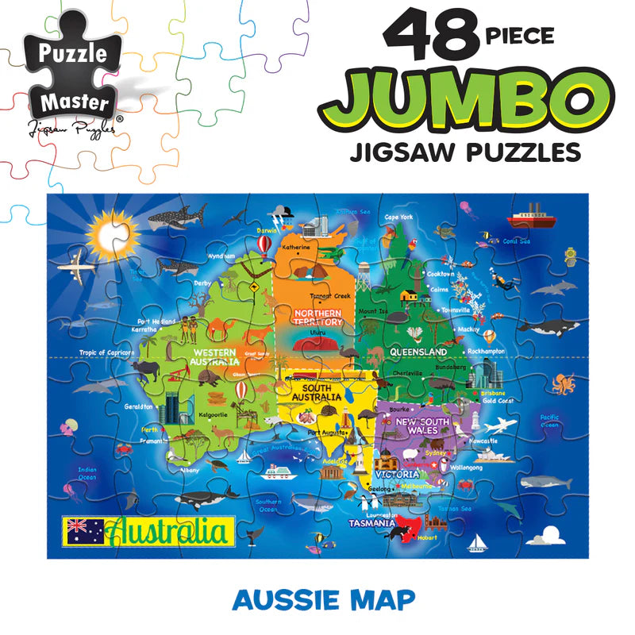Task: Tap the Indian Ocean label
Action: (x=87, y=473)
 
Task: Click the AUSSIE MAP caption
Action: (x=323, y=598)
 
